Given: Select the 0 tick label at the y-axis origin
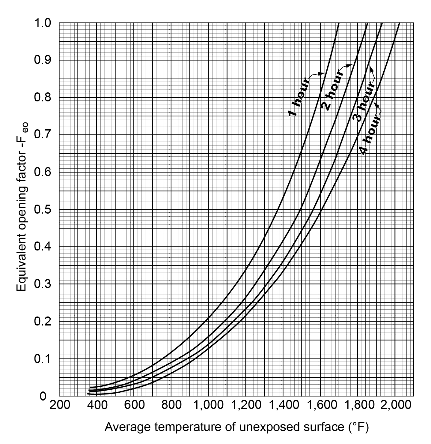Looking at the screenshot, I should click(x=43, y=396).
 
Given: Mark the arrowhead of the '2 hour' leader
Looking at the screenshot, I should click(x=351, y=65).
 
